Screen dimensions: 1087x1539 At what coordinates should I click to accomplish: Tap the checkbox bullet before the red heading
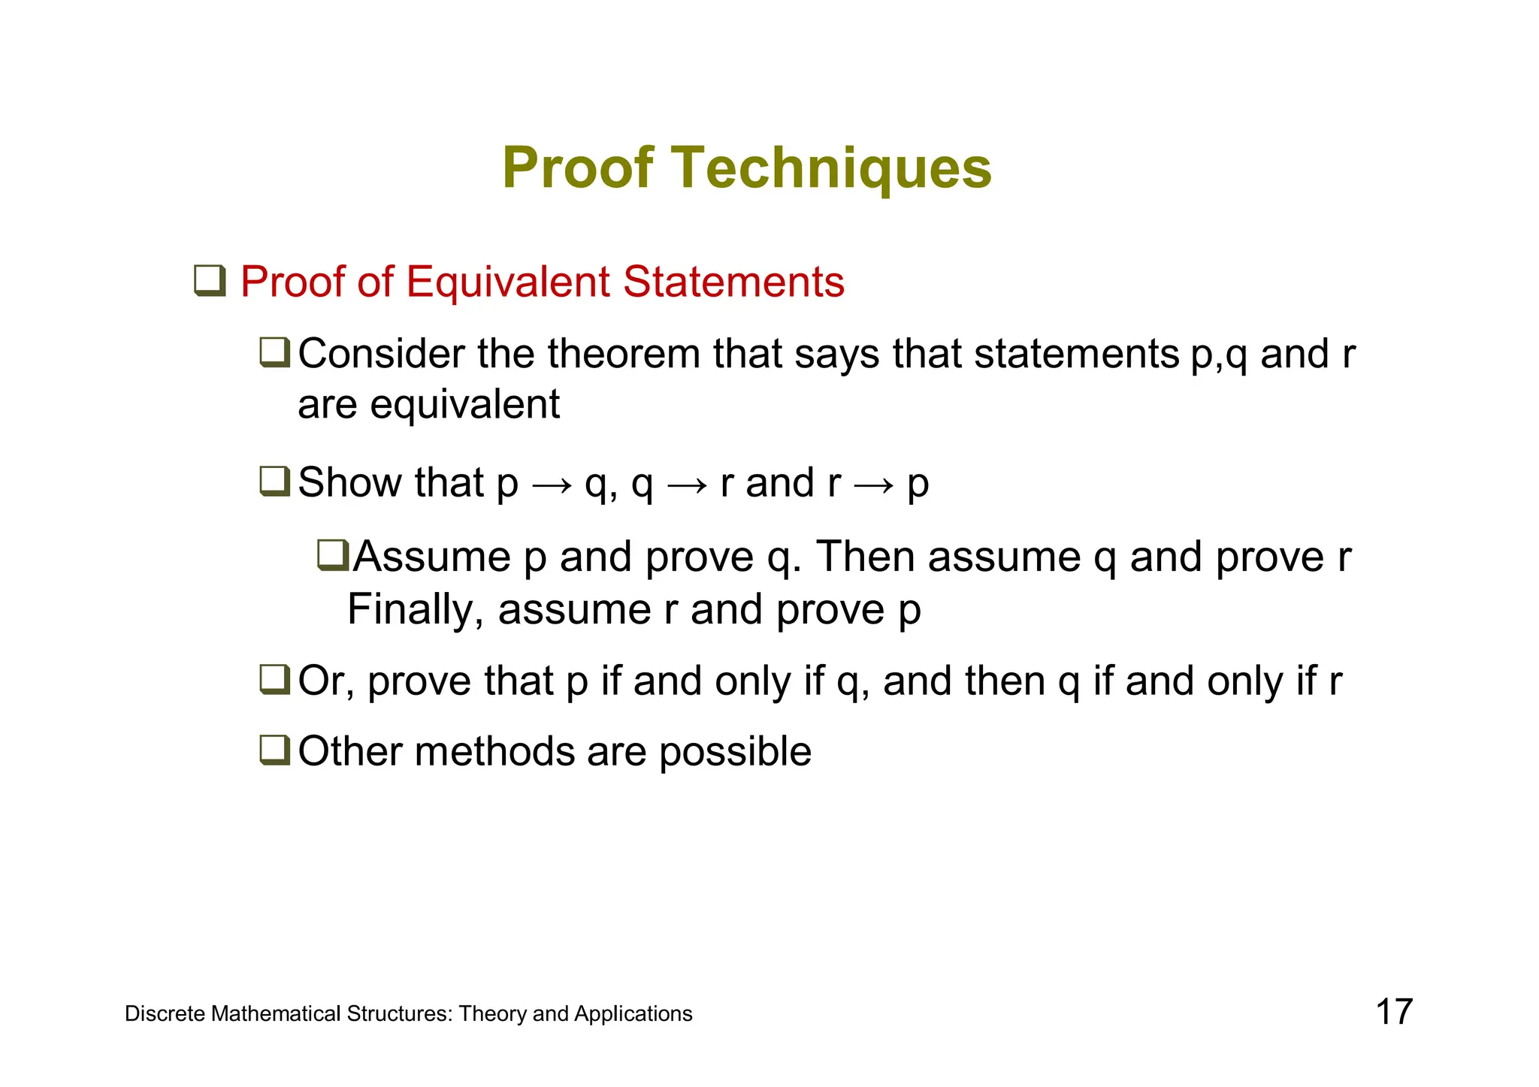(210, 281)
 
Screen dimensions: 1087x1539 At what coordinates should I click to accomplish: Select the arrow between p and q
(552, 485)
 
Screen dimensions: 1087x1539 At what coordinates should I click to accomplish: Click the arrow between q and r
(687, 485)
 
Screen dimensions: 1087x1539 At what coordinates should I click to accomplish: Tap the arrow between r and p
(874, 485)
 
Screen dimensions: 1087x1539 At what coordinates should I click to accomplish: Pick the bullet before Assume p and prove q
(333, 555)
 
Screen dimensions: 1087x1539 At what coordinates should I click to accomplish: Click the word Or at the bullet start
(325, 681)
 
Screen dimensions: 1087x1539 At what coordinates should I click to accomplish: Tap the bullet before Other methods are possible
(274, 750)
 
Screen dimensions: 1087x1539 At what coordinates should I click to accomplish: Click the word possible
(735, 752)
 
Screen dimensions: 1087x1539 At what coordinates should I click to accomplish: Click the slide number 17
(1394, 1012)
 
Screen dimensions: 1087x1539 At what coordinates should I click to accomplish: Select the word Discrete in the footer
(165, 1014)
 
